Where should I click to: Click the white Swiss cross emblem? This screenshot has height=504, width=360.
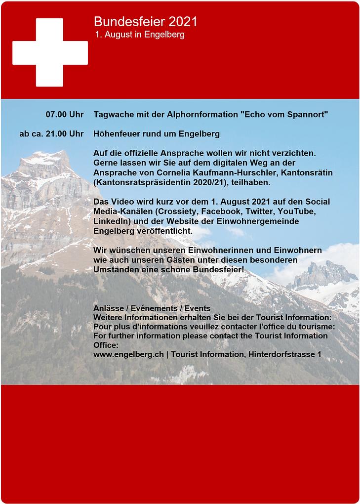[x=50, y=52]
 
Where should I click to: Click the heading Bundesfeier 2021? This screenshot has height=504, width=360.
[x=145, y=22]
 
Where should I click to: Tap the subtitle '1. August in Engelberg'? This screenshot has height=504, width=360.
[x=140, y=35]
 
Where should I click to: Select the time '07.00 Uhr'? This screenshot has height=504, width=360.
[x=64, y=115]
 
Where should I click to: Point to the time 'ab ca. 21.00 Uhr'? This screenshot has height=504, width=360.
[x=51, y=134]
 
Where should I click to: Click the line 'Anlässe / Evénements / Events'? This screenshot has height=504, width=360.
[x=152, y=308]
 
